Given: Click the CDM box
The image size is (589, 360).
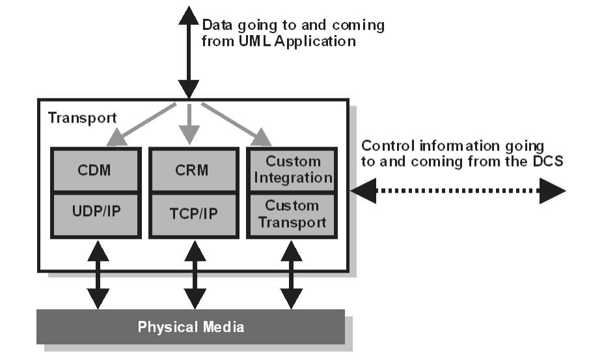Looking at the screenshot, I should (95, 171).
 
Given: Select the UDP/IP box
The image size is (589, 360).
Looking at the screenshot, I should (95, 215).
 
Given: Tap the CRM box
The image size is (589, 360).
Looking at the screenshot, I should (193, 171).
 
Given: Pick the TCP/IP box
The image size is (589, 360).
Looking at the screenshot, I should (193, 215).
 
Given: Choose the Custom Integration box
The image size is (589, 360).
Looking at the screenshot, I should (292, 169).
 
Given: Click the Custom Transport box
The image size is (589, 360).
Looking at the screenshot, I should (292, 214).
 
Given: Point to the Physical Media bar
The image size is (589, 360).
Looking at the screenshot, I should (191, 326).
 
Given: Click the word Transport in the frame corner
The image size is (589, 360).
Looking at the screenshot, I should (82, 118).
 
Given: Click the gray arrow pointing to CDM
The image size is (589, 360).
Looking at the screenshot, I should (144, 124).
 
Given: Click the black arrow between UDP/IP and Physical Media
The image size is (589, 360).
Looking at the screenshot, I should (98, 273).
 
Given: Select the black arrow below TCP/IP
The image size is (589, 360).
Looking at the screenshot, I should (195, 273).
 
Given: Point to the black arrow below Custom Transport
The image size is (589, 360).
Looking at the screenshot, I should (291, 273).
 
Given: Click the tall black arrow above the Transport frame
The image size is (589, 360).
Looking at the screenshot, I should (188, 52).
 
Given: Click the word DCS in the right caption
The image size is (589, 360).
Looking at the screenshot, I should (549, 161).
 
